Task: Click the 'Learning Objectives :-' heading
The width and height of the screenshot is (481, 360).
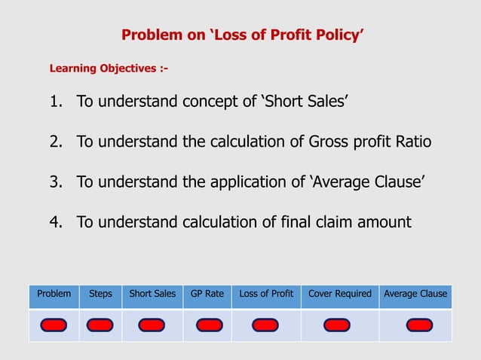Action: click(109, 69)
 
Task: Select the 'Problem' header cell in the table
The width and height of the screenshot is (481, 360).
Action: click(54, 294)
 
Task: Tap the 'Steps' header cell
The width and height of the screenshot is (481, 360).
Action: click(100, 294)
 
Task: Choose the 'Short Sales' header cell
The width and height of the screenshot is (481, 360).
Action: click(152, 294)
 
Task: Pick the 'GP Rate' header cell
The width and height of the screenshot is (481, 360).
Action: click(207, 294)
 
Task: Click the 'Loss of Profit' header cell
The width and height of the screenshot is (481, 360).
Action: click(266, 294)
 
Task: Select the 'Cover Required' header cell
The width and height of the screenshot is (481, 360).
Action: click(340, 294)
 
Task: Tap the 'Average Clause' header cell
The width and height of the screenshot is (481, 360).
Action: click(415, 294)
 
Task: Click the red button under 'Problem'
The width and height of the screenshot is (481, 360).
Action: click(54, 325)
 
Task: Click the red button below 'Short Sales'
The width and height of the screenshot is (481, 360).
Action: click(152, 325)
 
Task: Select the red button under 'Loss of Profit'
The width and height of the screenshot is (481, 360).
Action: click(265, 325)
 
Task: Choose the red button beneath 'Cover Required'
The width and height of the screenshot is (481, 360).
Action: click(336, 325)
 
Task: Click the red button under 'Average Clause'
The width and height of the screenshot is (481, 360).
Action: click(419, 325)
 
